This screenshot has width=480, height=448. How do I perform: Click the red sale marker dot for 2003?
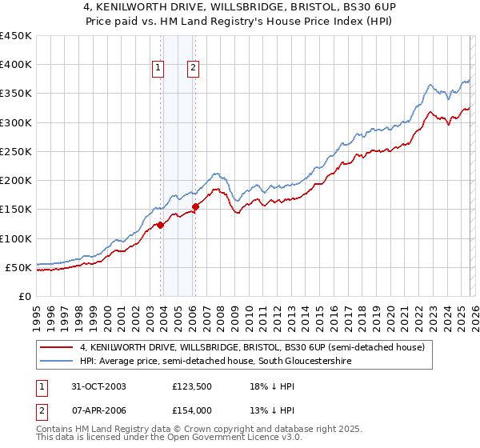click(x=161, y=225)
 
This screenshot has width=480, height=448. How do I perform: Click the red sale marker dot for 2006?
click(x=195, y=207)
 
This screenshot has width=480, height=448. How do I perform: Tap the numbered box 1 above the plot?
click(x=158, y=69)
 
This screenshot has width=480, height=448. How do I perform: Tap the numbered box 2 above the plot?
click(x=194, y=69)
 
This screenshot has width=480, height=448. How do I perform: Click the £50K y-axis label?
click(x=19, y=267)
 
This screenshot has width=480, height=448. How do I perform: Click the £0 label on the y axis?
click(x=26, y=296)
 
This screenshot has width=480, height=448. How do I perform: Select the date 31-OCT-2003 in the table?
click(x=93, y=386)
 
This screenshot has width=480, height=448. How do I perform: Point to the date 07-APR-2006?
click(x=93, y=410)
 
